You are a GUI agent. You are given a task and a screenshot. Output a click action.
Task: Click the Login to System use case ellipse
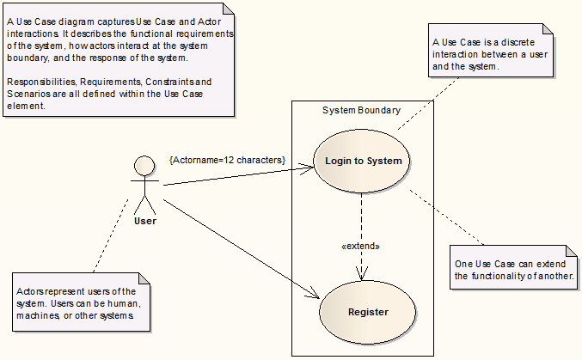(363, 161)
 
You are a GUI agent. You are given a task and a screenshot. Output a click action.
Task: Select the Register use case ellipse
(367, 312)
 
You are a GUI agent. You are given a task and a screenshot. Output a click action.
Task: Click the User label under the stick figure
(145, 222)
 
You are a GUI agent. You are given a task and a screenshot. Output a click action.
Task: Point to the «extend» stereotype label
(360, 246)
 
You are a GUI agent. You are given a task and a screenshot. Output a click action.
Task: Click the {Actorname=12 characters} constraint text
(227, 160)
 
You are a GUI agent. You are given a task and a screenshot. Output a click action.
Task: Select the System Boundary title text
(361, 110)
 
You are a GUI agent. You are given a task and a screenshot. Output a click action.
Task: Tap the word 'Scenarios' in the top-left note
(29, 95)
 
